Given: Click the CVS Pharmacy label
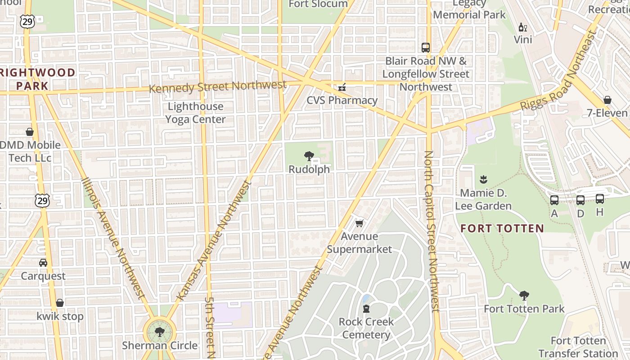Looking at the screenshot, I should [342, 100].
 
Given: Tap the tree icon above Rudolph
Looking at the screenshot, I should [309, 156].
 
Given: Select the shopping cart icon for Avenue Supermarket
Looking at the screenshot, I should [359, 223].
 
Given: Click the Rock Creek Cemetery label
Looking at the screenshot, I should [366, 328].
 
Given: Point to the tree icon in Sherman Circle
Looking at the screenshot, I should [159, 332].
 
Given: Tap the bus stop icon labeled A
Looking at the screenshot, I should [554, 200].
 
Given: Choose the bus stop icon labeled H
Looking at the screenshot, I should [600, 198].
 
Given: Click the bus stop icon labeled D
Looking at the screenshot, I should [580, 200].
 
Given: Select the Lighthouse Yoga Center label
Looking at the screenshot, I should [195, 113].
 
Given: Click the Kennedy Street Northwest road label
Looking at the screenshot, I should [217, 86].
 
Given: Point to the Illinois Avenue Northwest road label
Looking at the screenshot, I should [113, 238].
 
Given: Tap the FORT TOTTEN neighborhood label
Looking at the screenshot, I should [502, 228].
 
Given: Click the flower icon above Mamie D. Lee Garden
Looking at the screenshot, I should [483, 180].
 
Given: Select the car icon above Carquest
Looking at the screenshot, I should [43, 262].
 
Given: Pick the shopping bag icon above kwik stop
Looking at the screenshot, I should [60, 303].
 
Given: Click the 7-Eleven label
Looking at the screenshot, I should [607, 113].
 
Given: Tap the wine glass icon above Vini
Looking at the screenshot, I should [522, 27].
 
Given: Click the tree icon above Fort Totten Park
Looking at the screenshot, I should [524, 296].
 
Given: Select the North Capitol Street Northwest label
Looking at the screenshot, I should [432, 232].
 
